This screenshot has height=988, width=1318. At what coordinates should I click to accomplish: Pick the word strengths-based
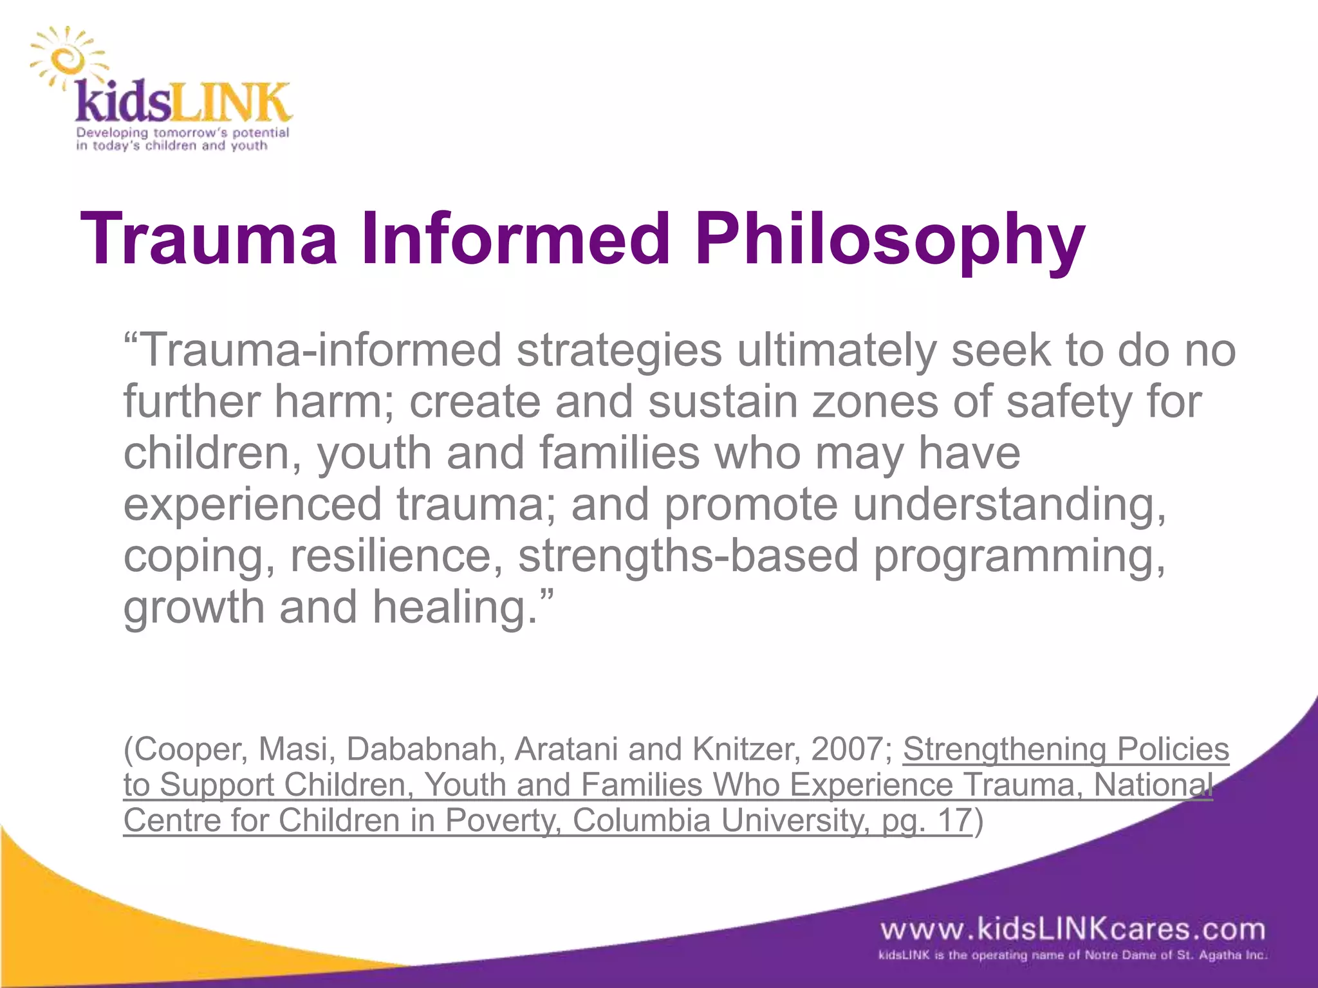pyautogui.click(x=688, y=556)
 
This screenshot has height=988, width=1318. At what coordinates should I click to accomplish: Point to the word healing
pyautogui.click(x=454, y=608)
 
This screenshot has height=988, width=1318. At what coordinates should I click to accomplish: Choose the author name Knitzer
pyautogui.click(x=734, y=749)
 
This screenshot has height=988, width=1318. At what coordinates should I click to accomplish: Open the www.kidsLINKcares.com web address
pyautogui.click(x=1073, y=929)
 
